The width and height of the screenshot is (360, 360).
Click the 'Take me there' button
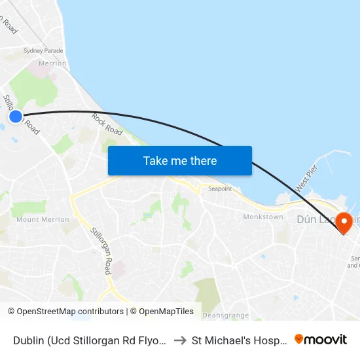coord(180,160)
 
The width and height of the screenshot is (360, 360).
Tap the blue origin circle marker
coord(16,117)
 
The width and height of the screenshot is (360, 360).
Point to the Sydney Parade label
coord(43,50)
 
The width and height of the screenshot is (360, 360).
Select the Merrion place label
coord(52,63)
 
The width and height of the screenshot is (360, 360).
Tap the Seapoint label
coord(219,189)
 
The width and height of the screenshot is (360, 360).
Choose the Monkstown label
coord(262,217)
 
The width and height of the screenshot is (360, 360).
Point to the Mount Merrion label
coord(43,220)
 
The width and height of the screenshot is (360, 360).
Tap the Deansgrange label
coord(225,315)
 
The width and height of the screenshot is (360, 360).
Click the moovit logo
coord(321,339)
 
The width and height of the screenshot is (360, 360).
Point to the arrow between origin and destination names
coord(179,340)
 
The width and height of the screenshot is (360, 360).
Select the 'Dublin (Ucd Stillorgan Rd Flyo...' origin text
coord(89,340)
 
